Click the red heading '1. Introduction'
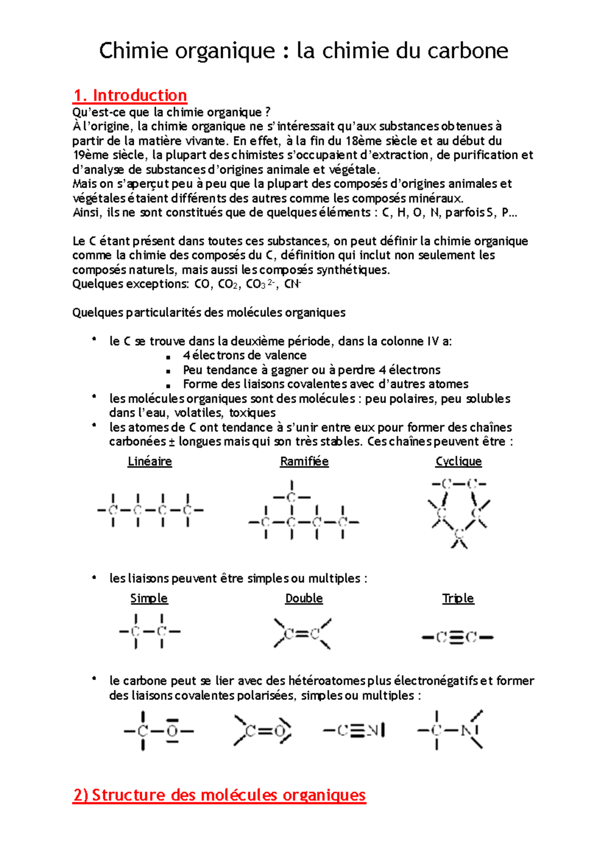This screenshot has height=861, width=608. click(x=130, y=95)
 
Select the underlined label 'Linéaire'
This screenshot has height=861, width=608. click(x=149, y=461)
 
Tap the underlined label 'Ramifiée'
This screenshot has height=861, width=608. click(x=304, y=461)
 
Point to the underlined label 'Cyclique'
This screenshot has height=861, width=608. click(x=459, y=461)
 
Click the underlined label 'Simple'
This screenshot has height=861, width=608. click(x=149, y=598)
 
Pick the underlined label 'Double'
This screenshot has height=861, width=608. click(x=304, y=598)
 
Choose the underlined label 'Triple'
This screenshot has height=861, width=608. click(x=458, y=598)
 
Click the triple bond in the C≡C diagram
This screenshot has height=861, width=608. click(x=458, y=637)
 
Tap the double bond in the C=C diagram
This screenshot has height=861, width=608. click(x=302, y=634)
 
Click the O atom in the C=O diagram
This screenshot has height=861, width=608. click(x=280, y=731)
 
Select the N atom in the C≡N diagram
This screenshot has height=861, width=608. click(x=372, y=731)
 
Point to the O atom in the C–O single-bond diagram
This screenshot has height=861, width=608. click(x=172, y=731)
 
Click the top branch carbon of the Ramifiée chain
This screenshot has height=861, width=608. click(x=291, y=497)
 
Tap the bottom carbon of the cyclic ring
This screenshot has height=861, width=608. click(x=459, y=534)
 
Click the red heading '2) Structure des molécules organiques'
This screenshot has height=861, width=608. click(x=219, y=795)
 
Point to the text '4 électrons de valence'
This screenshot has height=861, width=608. click(x=245, y=355)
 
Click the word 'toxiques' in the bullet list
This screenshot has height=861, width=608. click(x=252, y=413)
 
